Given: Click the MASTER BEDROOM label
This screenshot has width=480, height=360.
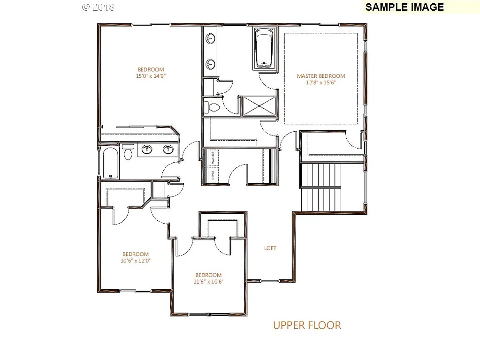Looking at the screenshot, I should (x=321, y=76).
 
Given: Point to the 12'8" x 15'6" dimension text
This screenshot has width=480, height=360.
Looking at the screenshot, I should (x=321, y=82).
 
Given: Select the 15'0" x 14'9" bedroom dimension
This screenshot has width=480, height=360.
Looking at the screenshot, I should (x=151, y=75).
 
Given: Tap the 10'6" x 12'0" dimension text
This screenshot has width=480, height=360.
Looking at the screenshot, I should (x=136, y=261).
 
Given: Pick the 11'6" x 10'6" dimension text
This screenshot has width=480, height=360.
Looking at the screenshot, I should (x=208, y=282).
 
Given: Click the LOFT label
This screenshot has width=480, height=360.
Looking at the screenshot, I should (x=270, y=248).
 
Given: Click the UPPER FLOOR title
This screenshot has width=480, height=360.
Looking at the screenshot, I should (x=307, y=325).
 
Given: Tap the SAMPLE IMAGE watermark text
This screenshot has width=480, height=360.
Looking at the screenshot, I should (x=404, y=7).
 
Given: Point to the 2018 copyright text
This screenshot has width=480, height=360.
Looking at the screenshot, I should (x=98, y=7).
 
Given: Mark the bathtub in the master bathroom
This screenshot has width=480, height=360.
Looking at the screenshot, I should (x=265, y=48).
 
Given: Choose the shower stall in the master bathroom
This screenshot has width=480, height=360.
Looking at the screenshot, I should (x=259, y=105).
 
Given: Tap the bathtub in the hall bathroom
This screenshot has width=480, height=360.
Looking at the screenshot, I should (x=110, y=163).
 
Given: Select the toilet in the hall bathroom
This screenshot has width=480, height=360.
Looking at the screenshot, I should (x=128, y=153).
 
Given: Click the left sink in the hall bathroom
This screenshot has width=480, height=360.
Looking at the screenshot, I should (x=147, y=150).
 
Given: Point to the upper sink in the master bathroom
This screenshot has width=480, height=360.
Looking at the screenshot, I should (x=211, y=38).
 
